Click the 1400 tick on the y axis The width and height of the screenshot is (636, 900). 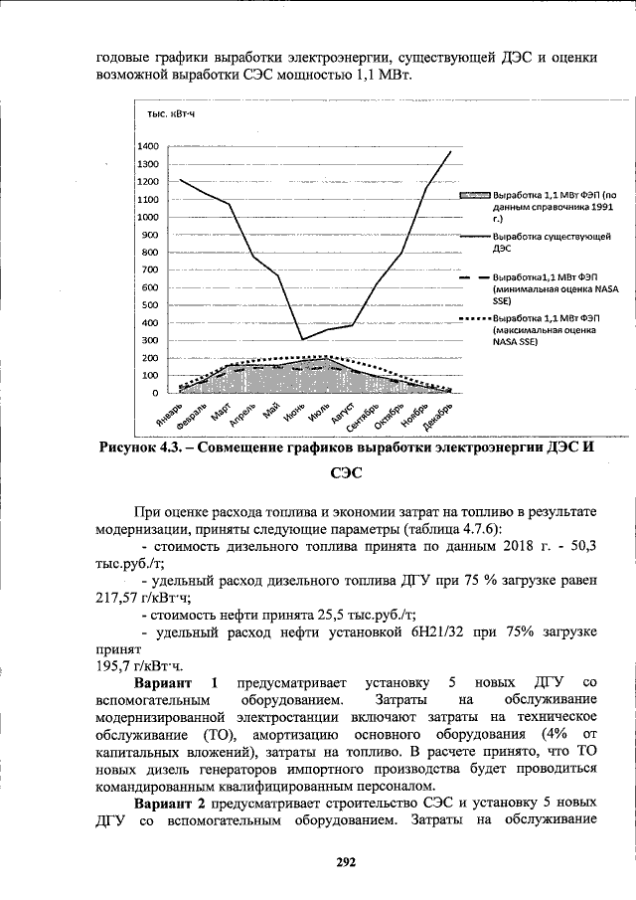pos(148,145)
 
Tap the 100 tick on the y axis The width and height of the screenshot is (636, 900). pos(150,375)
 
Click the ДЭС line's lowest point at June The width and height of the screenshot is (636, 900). pos(302,339)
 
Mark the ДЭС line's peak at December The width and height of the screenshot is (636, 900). pos(451,151)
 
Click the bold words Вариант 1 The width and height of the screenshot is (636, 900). pos(176,682)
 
